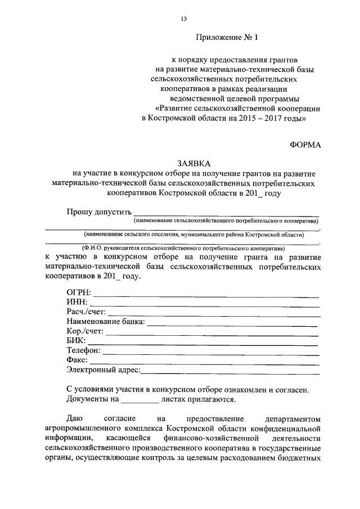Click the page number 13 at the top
pos(183,19)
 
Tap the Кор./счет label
pos(84,331)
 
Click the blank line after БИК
pos(202,342)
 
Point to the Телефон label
pos(83,350)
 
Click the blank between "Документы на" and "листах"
pos(140,400)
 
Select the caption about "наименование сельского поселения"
pos(193,234)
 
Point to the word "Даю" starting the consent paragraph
pos(75,419)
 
